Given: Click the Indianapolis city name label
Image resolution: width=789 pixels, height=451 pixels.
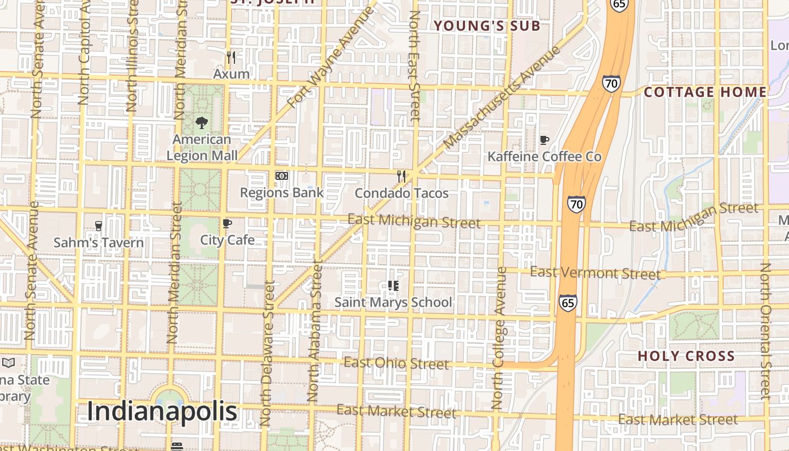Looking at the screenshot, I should (x=162, y=412).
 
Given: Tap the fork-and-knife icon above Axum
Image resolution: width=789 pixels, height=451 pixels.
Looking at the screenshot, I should (x=231, y=57).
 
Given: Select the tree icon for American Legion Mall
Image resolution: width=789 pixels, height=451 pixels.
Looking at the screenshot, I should (x=201, y=122).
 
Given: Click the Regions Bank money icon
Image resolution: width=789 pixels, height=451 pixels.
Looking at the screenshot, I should (x=282, y=176).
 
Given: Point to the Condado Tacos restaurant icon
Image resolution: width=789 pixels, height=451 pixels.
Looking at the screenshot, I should (x=401, y=176).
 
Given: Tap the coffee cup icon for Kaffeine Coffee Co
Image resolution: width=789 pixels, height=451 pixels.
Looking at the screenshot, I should (x=544, y=140).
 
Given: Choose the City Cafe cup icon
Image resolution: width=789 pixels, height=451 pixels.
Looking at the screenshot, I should (x=227, y=224).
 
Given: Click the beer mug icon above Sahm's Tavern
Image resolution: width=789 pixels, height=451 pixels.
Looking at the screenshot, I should (x=99, y=225).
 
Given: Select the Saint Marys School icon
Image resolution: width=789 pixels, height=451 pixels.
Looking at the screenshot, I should (x=393, y=286).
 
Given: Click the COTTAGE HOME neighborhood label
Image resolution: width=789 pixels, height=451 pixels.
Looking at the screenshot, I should (x=705, y=92).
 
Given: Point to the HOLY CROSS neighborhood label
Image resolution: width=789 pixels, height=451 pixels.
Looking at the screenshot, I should (x=686, y=356).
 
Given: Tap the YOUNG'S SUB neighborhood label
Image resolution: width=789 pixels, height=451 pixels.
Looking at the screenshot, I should (x=486, y=25).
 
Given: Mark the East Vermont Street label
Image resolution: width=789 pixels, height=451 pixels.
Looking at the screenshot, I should (x=595, y=273).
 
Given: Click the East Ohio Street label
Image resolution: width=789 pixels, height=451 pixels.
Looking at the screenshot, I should (x=396, y=363).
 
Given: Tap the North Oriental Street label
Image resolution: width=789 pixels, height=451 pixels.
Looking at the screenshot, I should (x=764, y=331).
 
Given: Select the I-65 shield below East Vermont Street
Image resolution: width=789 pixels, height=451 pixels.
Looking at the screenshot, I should (x=568, y=302).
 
